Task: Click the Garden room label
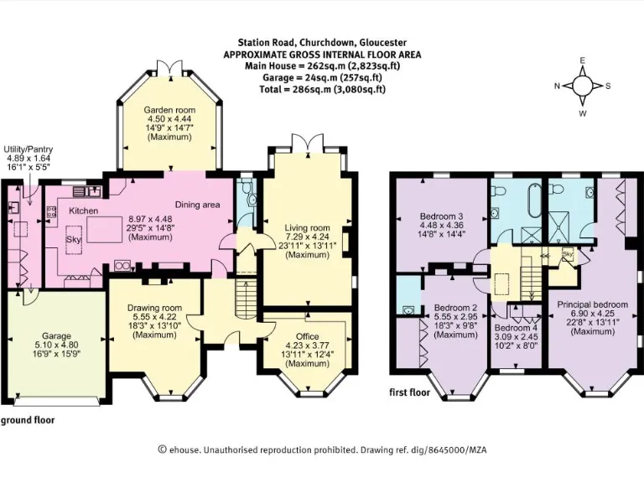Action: pos(164,110)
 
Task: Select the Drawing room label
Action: pos(154,309)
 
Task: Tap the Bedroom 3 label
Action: pos(439,216)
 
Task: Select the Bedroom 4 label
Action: pos(516,328)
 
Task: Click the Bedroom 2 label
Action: pos(456,308)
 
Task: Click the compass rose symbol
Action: pos(583,86)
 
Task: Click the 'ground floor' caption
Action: pos(28,420)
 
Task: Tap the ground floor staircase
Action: pos(246,293)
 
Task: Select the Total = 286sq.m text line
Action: pos(322,89)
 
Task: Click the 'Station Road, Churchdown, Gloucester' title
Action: pos(322,41)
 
